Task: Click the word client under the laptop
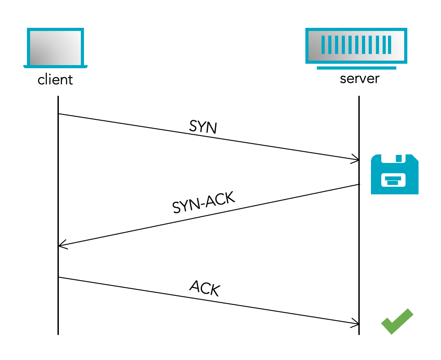[55, 80]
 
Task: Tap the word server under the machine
[359, 79]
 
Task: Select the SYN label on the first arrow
[203, 127]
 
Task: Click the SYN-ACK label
[204, 203]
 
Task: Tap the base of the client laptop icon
[55, 66]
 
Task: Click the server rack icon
[356, 45]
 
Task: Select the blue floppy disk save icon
[394, 174]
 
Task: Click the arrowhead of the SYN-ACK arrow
[61, 246]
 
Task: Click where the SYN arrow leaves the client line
[58, 114]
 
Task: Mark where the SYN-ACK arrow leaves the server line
[359, 184]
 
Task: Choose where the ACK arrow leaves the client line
[58, 277]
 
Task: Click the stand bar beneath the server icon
[356, 68]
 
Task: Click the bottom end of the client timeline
[58, 334]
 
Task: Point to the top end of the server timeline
[359, 97]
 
